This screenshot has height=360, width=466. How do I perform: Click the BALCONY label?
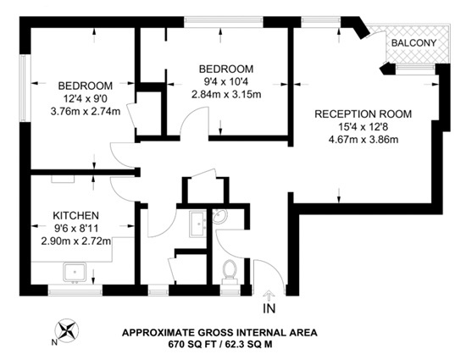[x=413, y=43]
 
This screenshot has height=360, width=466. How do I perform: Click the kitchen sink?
[x=76, y=271]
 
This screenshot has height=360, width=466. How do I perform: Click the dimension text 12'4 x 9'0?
[x=85, y=98]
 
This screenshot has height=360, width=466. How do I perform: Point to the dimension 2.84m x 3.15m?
[x=226, y=94]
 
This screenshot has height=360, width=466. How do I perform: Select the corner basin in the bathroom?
[x=219, y=219]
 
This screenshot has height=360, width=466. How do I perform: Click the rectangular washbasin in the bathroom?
[x=197, y=224]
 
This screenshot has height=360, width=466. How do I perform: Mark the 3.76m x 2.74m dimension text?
[x=85, y=111]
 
